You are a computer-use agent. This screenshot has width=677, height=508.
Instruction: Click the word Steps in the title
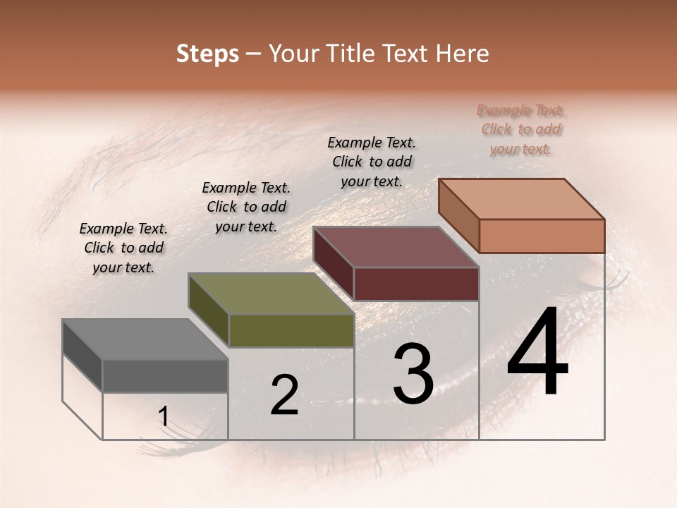(x=207, y=54)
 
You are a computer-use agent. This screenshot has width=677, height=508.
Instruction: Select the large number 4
(x=537, y=353)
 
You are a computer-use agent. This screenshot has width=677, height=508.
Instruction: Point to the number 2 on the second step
(x=284, y=395)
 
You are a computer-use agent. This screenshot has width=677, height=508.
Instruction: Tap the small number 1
(x=163, y=417)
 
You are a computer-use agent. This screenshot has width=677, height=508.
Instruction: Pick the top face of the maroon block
(x=396, y=247)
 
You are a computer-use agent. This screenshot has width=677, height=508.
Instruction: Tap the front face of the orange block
(x=542, y=236)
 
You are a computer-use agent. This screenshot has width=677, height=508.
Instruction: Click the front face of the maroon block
(x=416, y=284)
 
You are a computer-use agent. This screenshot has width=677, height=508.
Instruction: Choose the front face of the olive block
(x=291, y=330)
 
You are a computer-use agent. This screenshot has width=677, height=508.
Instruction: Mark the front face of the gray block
(x=165, y=375)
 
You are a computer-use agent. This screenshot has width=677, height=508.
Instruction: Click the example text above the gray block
(x=123, y=248)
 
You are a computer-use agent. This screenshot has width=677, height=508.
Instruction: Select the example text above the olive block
(x=246, y=207)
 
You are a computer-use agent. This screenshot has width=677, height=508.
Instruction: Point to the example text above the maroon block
(x=372, y=162)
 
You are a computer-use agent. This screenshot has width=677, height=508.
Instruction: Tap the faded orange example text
(x=520, y=129)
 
